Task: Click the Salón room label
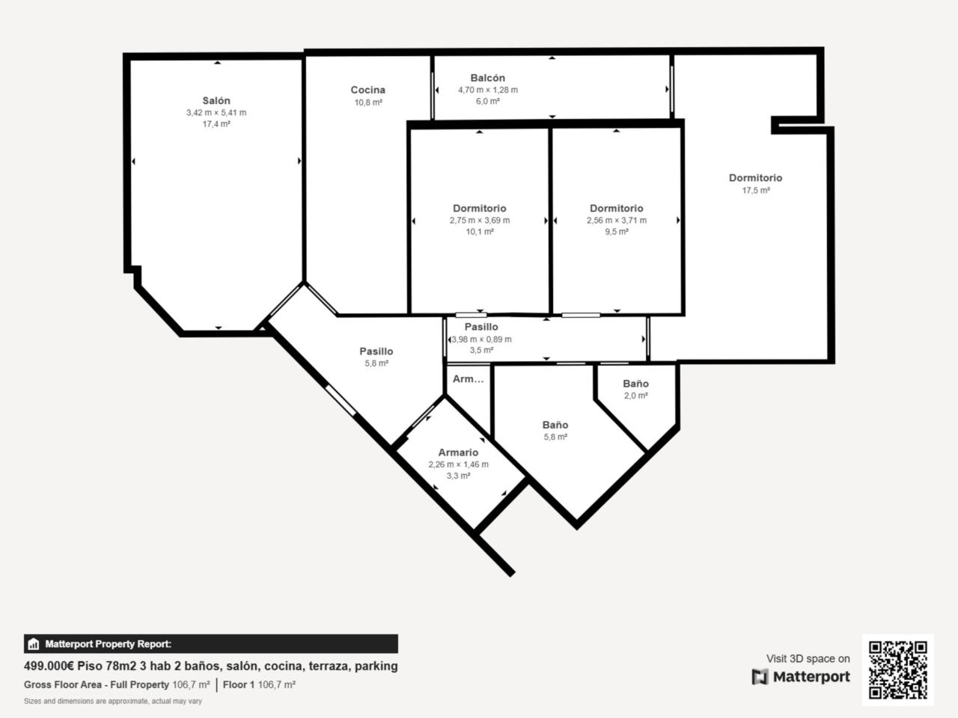point(216,101)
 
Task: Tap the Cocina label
point(368,90)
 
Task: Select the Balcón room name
point(487,78)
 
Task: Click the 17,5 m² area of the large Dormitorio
point(756,191)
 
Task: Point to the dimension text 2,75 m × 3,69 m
point(480,220)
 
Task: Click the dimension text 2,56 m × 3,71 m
point(616,220)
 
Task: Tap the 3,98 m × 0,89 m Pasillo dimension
point(481,339)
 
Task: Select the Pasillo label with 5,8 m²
point(376,352)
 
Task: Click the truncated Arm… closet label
point(469,379)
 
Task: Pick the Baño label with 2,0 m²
point(635,384)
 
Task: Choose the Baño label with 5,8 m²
point(555,425)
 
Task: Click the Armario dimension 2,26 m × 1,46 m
point(458,464)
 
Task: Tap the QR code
point(898,670)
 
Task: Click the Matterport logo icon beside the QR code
point(760,677)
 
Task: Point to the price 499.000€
point(49,666)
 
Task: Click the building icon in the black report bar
point(34,644)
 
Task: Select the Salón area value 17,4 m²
point(216,124)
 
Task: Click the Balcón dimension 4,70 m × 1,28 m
point(488,90)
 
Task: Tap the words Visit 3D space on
point(808,659)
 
